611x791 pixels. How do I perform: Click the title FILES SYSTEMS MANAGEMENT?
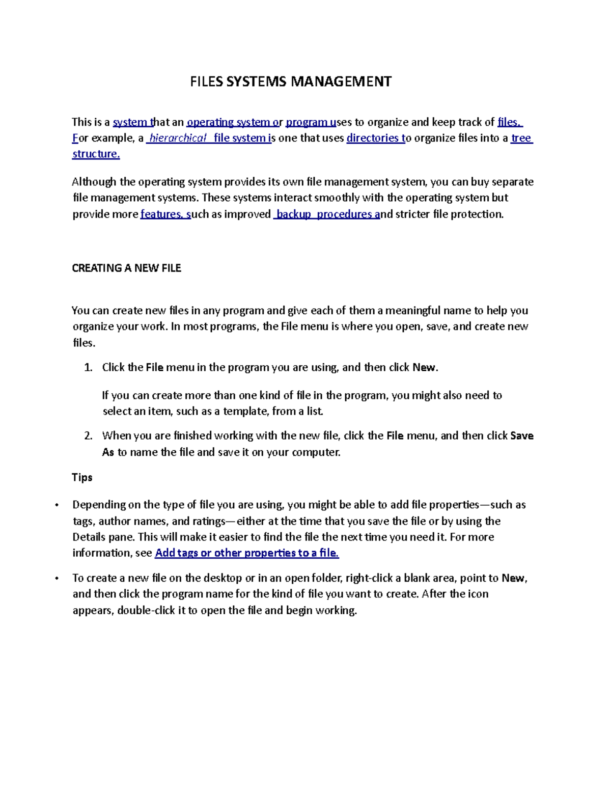point(291,81)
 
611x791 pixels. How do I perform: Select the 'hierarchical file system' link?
point(208,138)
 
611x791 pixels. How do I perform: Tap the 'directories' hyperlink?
point(375,138)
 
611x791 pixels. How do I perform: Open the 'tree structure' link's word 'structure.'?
point(96,154)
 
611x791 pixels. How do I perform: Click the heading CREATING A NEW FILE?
point(126,268)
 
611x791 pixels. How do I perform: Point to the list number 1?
point(88,368)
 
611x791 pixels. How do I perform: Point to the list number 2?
point(88,436)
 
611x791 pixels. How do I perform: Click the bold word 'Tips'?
point(82,477)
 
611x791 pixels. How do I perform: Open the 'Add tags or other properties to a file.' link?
point(246,553)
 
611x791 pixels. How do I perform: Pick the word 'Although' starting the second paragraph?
point(94,182)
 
